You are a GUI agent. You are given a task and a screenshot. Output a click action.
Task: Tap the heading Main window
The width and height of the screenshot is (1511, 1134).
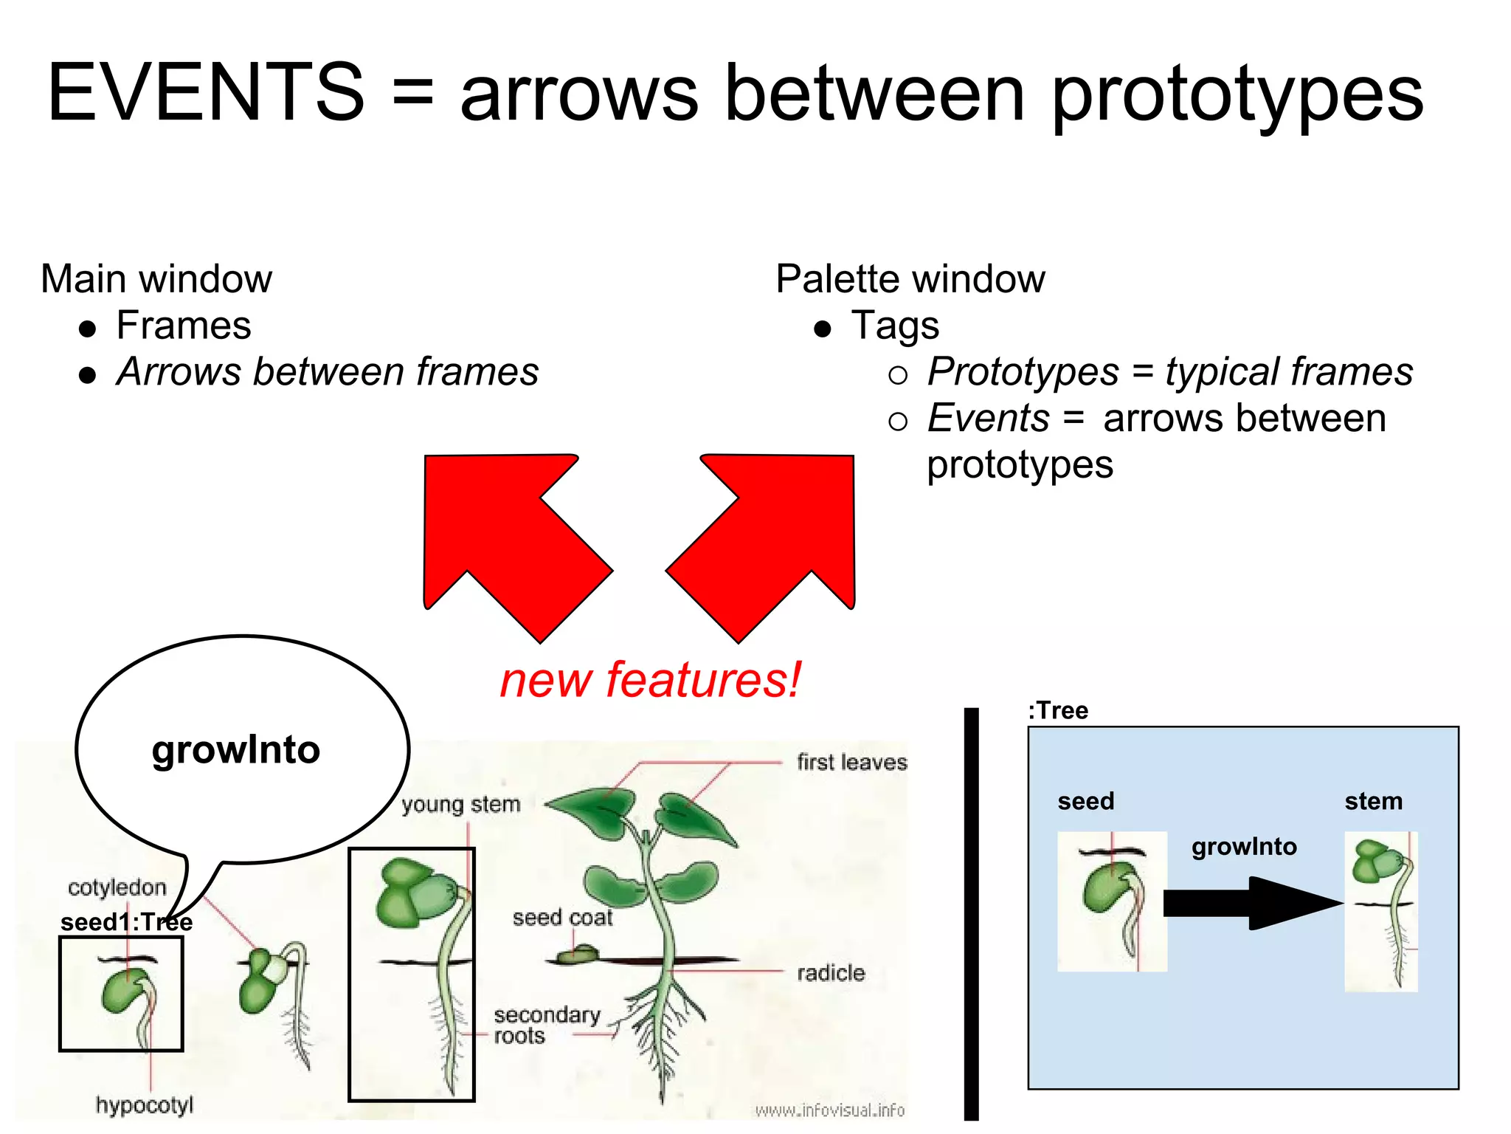pos(156,279)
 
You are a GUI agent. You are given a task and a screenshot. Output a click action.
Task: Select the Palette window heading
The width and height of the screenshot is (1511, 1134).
pos(910,279)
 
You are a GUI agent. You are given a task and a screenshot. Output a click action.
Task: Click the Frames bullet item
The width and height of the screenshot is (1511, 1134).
pos(184,326)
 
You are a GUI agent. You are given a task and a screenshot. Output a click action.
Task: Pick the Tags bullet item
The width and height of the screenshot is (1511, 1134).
pos(895,326)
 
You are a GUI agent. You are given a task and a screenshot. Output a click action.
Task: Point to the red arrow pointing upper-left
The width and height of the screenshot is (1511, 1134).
pos(509,539)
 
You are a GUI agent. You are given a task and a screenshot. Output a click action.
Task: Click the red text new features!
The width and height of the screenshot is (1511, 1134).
pos(649,680)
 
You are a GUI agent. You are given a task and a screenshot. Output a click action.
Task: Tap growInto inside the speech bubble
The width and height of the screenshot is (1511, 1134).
pos(236,750)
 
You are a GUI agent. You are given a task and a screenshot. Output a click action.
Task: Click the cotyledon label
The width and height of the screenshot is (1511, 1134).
pos(117,887)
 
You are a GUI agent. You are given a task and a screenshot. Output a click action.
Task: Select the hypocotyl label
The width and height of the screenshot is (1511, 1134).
pos(144,1105)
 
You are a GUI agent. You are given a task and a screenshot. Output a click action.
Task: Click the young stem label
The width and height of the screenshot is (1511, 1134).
pos(461,804)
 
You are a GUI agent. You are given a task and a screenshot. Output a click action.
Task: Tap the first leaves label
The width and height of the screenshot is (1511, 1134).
pos(851,762)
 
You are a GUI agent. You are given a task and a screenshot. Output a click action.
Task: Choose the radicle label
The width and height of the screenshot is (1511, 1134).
pos(831,973)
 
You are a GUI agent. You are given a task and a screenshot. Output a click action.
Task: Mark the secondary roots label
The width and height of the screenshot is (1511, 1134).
pos(546,1025)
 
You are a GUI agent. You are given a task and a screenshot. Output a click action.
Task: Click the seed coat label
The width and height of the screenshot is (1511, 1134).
pos(562,918)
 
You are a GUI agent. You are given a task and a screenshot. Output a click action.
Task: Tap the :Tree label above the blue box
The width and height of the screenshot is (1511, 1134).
pos(1058,710)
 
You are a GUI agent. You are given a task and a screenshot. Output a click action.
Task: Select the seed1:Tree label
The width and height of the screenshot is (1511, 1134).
pos(126,922)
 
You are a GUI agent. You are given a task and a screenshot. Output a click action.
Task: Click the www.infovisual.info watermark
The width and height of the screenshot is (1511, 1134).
pos(829,1110)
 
